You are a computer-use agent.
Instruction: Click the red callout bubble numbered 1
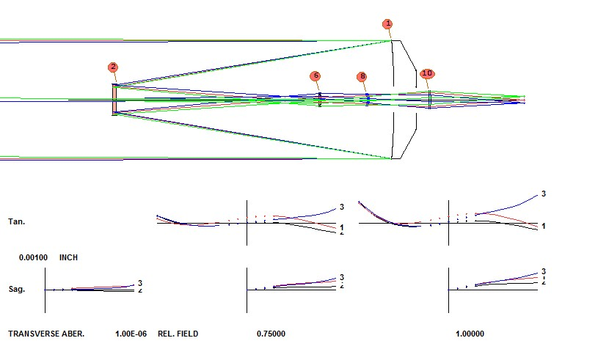[387, 24]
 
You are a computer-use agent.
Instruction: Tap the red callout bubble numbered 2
[113, 67]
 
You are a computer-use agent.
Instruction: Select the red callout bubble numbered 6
[316, 76]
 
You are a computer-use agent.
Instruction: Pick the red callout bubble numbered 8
[362, 77]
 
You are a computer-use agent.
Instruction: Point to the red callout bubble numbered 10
[427, 73]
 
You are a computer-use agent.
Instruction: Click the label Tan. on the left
[16, 221]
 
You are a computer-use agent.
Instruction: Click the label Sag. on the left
[16, 290]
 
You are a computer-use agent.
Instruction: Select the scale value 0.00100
[34, 258]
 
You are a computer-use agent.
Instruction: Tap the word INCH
[68, 258]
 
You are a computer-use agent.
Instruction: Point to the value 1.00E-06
[131, 334]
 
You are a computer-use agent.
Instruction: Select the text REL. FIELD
[178, 334]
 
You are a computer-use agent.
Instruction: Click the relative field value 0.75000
[271, 334]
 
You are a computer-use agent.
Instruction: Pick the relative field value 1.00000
[470, 334]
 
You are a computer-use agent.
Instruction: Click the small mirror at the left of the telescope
[114, 100]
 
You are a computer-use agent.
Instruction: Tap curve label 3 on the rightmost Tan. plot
[543, 194]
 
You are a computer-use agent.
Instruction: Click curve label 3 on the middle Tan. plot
[341, 207]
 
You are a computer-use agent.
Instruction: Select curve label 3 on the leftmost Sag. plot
[139, 282]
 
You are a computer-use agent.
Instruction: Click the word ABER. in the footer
[73, 334]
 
